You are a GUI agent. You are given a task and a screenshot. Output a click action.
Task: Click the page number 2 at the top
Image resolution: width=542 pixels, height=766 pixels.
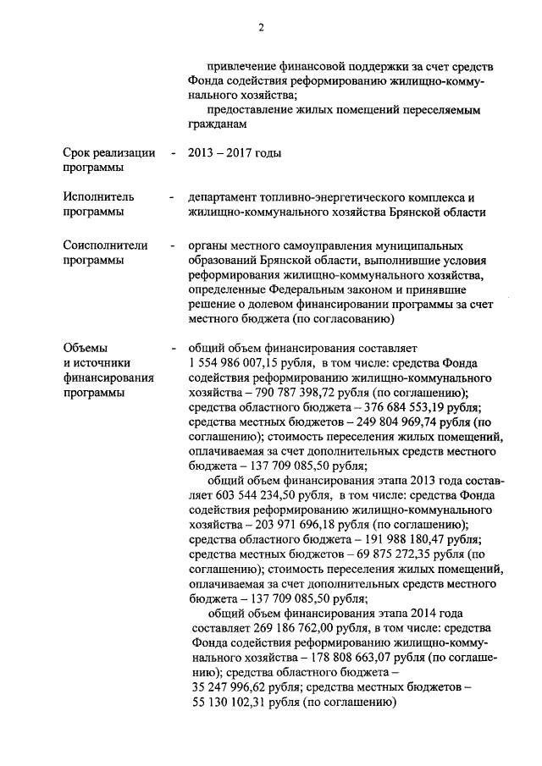point(262,27)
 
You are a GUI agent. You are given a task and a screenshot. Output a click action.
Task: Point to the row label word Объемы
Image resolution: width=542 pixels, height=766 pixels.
point(86,348)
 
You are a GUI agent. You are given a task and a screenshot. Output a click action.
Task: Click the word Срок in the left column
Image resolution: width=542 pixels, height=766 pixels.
point(79,153)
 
